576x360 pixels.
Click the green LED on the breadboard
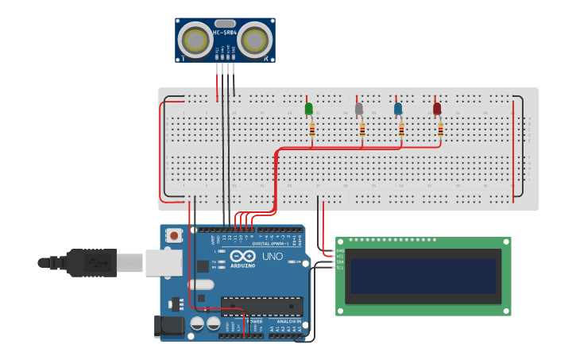[309, 108]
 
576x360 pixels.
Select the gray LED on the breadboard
[358, 108]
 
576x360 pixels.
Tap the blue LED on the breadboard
[398, 108]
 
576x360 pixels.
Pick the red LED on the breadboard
[437, 108]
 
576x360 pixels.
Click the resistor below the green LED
[311, 129]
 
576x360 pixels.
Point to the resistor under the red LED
[439, 129]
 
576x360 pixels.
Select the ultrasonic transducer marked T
[195, 39]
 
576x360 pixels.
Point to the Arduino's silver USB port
[164, 262]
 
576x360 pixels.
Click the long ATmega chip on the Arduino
[261, 305]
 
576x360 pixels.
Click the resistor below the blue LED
[401, 129]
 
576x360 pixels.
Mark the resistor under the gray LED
[362, 129]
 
